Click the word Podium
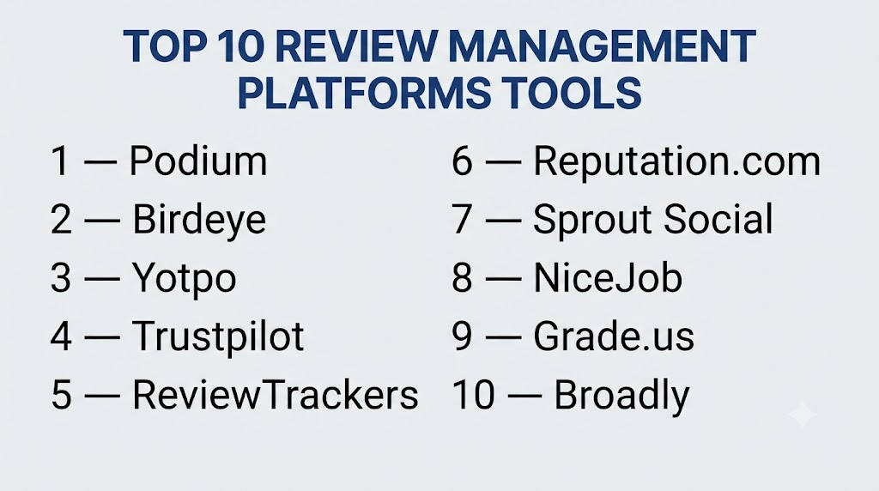[198, 161]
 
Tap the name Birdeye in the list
[199, 220]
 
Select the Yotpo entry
[184, 279]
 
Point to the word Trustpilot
[218, 336]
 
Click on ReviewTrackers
[276, 395]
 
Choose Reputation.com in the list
[676, 162]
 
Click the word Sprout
[593, 220]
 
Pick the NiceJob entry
[608, 278]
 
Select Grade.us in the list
[613, 336]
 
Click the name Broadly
[621, 396]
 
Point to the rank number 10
[473, 395]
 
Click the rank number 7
[462, 219]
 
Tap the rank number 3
[61, 278]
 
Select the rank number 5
[61, 395]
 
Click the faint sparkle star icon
[803, 415]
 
